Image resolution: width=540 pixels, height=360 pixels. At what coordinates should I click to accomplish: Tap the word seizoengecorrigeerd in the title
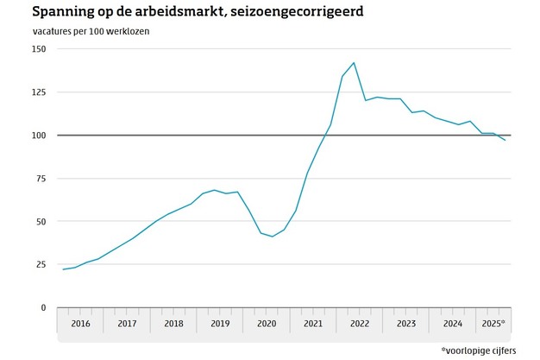point(291,13)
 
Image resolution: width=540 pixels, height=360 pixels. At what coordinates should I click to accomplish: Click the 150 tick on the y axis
point(39,49)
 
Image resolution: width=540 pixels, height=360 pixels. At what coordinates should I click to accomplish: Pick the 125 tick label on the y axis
point(39,92)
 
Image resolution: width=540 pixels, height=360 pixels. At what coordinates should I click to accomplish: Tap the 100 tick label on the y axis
point(39,136)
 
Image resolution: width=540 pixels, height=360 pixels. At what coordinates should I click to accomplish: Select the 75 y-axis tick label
point(41,179)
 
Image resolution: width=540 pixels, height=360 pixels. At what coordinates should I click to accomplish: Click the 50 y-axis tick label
point(41,222)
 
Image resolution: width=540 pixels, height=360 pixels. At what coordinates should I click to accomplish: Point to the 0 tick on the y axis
point(43,307)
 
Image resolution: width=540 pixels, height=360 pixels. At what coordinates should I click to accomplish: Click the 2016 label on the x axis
point(80,324)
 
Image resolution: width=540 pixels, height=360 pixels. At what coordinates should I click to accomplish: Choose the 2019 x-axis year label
point(220,324)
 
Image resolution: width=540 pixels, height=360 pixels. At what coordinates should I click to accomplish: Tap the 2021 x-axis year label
point(313,324)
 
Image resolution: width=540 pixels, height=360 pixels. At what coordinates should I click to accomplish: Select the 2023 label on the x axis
point(406,324)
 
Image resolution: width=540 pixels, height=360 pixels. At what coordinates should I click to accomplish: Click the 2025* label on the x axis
point(494,324)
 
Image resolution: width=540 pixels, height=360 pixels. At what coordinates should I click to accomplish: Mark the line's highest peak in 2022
point(354,63)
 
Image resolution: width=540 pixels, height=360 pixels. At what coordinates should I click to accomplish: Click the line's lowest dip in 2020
point(272,237)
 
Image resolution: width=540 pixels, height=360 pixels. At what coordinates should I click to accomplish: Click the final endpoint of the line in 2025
point(505,140)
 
